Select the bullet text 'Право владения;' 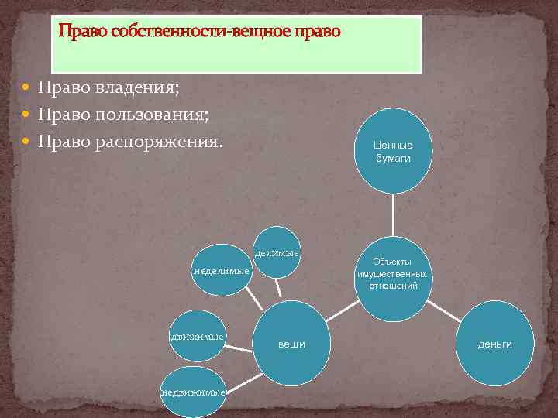click(108, 87)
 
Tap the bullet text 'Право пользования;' click(124, 114)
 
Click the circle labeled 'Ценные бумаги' click(393, 151)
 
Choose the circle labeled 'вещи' click(291, 343)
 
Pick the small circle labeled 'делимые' click(277, 252)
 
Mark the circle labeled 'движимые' click(198, 336)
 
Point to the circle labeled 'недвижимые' click(193, 392)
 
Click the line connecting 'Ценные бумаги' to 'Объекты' click(393, 214)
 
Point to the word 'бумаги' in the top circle click(393, 158)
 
